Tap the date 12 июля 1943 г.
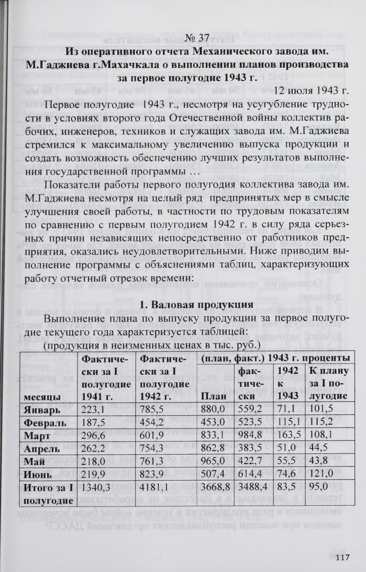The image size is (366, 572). (312, 91)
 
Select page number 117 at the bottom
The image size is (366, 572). (341, 556)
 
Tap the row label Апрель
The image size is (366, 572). (41, 448)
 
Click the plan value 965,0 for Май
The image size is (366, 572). (213, 462)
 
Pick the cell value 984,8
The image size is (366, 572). (250, 435)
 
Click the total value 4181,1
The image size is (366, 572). (155, 489)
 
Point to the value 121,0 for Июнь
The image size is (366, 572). (320, 475)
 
